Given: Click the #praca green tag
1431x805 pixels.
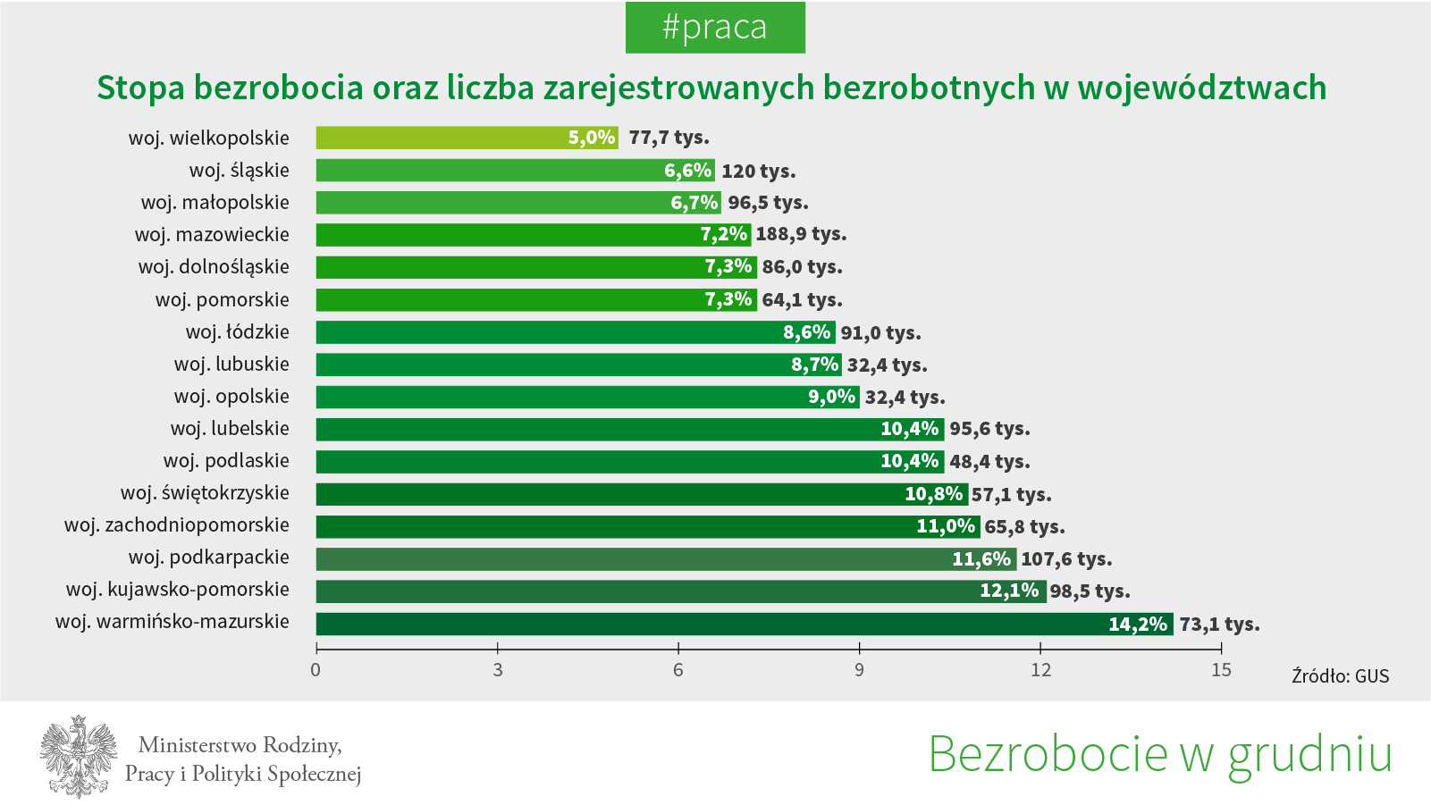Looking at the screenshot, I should pyautogui.click(x=715, y=28).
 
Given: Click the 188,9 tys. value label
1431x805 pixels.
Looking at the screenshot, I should pyautogui.click(x=801, y=234).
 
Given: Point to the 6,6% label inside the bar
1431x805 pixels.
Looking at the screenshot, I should pyautogui.click(x=687, y=171).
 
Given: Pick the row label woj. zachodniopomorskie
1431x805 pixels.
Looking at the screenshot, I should pyautogui.click(x=177, y=525).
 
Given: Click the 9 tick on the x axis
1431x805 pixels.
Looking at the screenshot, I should pyautogui.click(x=859, y=670).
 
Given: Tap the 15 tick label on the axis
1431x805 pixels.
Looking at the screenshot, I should pyautogui.click(x=1221, y=670).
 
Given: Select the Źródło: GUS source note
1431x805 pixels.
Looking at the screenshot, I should pyautogui.click(x=1340, y=676).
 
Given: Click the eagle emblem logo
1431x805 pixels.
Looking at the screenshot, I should pyautogui.click(x=79, y=756).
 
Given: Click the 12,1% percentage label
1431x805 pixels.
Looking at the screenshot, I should pyautogui.click(x=1009, y=591).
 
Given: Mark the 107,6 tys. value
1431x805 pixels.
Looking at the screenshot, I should pyautogui.click(x=1066, y=559).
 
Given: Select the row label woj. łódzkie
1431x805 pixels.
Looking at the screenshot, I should pyautogui.click(x=237, y=332).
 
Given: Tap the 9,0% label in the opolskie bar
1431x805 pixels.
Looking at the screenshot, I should pyautogui.click(x=831, y=397).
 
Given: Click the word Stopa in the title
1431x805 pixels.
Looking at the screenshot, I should pyautogui.click(x=140, y=88).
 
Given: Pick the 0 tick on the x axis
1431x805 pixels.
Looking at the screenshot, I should pyautogui.click(x=316, y=670).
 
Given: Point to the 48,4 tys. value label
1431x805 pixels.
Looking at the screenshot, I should pyautogui.click(x=989, y=462).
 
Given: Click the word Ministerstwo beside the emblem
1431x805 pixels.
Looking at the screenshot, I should pyautogui.click(x=195, y=745).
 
